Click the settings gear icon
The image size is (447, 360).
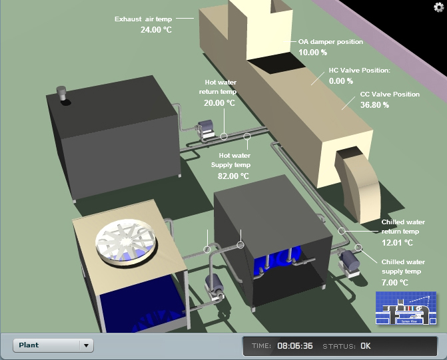coord(438,7)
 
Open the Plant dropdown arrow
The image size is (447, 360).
coord(86,345)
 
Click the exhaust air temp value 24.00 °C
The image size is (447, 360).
coord(157,30)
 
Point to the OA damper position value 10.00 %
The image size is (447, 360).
coord(312,53)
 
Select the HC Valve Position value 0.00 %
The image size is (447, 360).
coord(341,81)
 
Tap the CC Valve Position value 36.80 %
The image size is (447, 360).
coord(374,105)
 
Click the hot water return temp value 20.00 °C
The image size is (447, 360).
coord(220,103)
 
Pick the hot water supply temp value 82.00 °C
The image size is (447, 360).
coord(233,176)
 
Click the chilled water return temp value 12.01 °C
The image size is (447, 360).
coord(398,243)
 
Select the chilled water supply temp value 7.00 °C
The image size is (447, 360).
coord(395,283)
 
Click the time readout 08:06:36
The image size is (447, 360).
coord(295,346)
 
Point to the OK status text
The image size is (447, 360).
coord(366,346)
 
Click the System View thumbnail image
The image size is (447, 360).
coord(406,308)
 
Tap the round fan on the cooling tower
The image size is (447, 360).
coord(126,242)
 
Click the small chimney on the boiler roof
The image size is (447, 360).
coord(61,93)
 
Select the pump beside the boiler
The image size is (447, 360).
coord(206,129)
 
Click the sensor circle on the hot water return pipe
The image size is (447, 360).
coord(224,136)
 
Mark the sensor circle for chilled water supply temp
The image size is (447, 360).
coord(358,248)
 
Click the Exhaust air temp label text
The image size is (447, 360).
coord(143,19)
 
